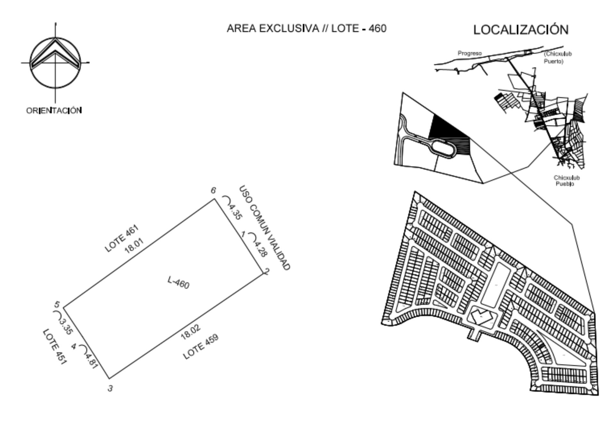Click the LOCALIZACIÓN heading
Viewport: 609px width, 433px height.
pos(521,30)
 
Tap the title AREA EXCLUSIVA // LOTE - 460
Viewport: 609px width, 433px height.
pos(306,29)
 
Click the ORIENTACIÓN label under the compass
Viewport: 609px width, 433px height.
pos(54,110)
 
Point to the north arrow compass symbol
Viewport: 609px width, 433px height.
pos(55,63)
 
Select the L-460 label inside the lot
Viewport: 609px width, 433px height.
pos(179,282)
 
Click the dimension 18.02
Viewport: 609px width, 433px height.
pos(191,332)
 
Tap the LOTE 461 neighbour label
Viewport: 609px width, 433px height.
pos(122,238)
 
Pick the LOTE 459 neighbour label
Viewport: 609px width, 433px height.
pos(201,346)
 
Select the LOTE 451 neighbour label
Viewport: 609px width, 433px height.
pos(54,347)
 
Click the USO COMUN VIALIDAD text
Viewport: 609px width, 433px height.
pos(265,228)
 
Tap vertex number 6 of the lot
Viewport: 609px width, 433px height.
pos(213,191)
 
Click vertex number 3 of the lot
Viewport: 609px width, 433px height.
pos(110,388)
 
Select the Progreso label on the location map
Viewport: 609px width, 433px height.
pos(470,53)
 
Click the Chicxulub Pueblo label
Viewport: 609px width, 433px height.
pos(566,181)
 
